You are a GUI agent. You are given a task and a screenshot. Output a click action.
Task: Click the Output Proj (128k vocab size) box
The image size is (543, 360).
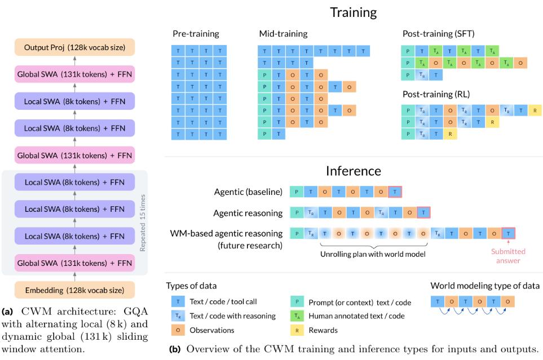click(75, 47)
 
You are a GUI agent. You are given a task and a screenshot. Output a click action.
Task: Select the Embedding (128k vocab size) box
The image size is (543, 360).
click(75, 290)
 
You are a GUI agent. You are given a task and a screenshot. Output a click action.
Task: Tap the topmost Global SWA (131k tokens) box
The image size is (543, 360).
click(75, 74)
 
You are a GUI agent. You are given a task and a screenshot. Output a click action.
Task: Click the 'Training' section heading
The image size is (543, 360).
click(353, 12)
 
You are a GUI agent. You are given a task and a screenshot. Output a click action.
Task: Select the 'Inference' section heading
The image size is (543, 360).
click(353, 171)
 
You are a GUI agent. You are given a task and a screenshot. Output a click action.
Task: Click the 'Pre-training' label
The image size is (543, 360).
click(196, 34)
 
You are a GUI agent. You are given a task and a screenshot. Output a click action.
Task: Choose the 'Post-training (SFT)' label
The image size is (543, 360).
click(438, 34)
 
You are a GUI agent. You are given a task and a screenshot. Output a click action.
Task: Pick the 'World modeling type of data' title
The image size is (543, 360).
click(485, 286)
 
